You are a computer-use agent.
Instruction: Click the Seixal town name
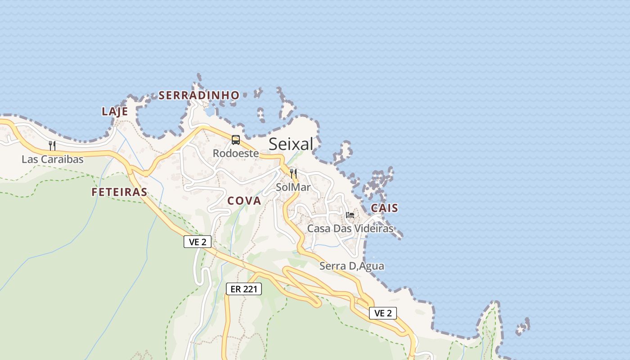291,144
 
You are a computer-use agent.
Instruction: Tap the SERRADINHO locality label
199,95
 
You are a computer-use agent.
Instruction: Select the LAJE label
115,112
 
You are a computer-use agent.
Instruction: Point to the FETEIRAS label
119,192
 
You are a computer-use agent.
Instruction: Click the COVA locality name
244,201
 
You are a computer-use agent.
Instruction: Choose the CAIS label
384,208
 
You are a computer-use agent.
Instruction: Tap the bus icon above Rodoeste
236,140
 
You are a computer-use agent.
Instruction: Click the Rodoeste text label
236,153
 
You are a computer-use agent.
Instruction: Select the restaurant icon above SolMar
293,173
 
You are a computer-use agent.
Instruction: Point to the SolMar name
293,187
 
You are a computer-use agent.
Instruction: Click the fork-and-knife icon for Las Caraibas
52,145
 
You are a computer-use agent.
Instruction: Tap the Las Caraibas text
53,159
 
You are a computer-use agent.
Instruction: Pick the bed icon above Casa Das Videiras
350,215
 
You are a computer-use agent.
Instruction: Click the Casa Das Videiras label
350,229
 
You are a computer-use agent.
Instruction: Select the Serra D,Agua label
352,266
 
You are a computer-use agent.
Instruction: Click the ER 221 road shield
243,289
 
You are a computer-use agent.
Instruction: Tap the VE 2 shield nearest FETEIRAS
198,242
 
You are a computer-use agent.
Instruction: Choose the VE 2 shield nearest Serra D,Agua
383,313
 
